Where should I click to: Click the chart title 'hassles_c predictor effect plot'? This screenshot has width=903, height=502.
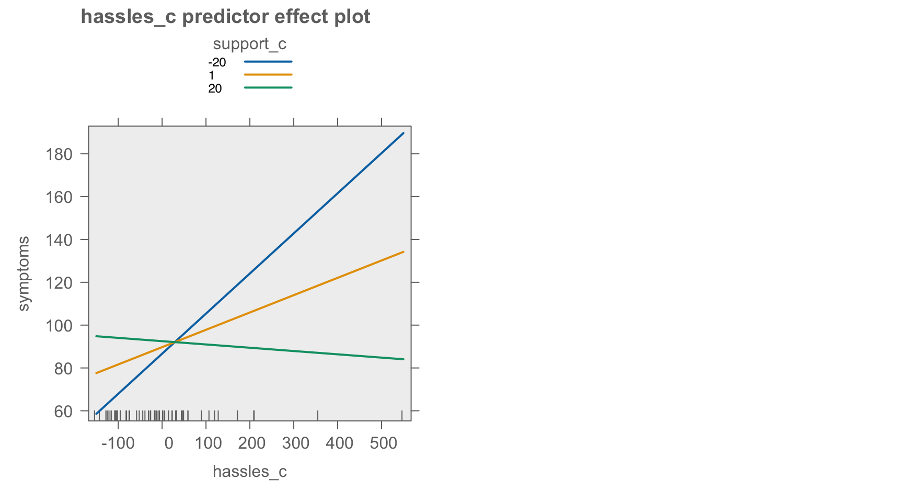coord(226,17)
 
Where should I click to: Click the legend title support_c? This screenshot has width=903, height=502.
coord(249,44)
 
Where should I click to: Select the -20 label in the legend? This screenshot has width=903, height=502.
coord(217,63)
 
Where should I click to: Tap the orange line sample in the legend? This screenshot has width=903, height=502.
coord(268,75)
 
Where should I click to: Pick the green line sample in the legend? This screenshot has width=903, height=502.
coord(268,87)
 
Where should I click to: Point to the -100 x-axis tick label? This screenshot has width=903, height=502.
coord(118,444)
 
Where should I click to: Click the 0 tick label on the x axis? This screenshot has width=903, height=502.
coord(169,444)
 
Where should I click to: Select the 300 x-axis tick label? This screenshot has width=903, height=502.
coord(296,444)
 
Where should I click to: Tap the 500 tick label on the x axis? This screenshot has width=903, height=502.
coord(384,444)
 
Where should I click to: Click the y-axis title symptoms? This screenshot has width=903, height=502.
coord(24,273)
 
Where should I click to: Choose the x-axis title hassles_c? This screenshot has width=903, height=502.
coord(250,472)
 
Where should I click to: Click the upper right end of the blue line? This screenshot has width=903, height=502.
coord(403,133)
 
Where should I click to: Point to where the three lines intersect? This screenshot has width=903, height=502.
coord(175,341)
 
